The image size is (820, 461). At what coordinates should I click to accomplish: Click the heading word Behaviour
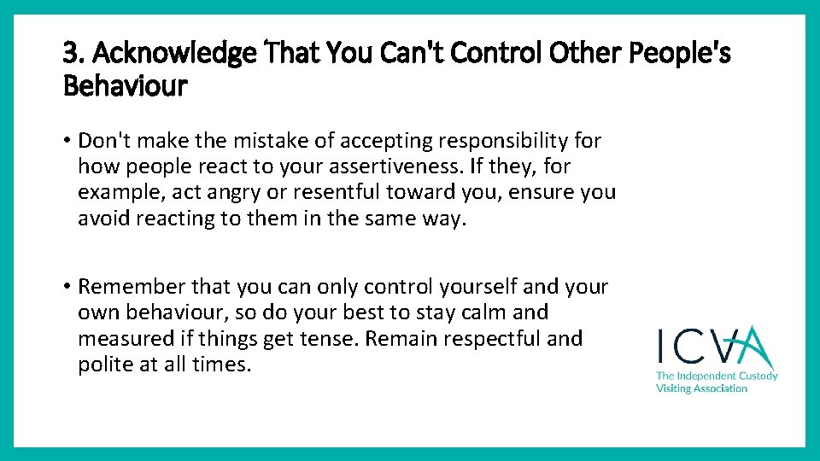tap(125, 85)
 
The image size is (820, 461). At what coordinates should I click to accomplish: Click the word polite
tap(103, 365)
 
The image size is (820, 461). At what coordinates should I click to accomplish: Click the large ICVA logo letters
tap(715, 347)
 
